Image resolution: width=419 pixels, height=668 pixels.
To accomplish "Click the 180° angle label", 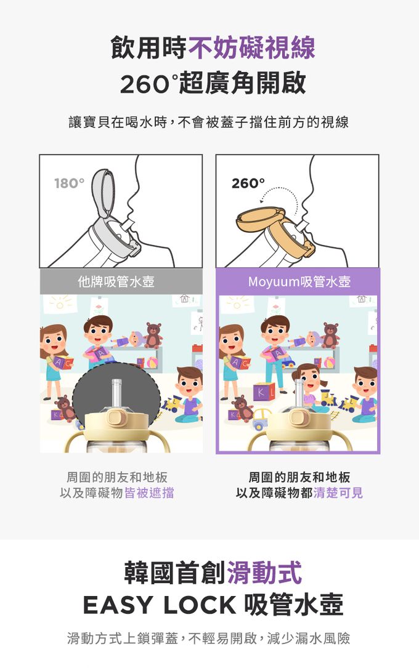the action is coord(69,183).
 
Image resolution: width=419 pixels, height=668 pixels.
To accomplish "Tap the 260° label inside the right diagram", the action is coord(248,183).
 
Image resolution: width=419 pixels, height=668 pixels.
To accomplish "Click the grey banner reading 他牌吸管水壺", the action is coord(121,281).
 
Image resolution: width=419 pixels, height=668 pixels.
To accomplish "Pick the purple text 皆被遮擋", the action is coord(149,493).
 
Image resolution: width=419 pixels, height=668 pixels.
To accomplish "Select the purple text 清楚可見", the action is coord(338,493).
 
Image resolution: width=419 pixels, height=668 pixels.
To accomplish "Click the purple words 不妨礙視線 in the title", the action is coord(251,47).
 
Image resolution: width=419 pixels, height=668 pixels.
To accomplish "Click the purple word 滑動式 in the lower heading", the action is coord(265,572).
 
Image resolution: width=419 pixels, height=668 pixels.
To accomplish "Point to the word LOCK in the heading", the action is coord(200,605).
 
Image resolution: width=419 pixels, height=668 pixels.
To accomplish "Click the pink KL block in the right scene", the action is coord(264,392).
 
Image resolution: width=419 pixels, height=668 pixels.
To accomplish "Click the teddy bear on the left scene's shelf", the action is coord(153,336).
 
